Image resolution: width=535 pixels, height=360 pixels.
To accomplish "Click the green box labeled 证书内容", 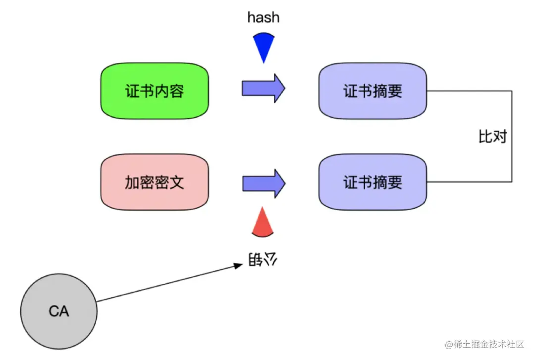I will tap(154, 91).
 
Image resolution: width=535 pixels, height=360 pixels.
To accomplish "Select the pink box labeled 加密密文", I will tap(154, 182).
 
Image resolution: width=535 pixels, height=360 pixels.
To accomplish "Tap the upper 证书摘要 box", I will tap(373, 91).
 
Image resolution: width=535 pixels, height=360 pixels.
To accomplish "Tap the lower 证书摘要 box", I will tap(373, 182).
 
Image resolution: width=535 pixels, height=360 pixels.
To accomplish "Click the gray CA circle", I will tap(59, 311).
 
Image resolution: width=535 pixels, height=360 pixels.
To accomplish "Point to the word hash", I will tap(263, 18).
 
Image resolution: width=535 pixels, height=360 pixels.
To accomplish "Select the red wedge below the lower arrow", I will tap(263, 223).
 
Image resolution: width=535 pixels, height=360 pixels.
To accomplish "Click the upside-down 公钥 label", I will tap(262, 259).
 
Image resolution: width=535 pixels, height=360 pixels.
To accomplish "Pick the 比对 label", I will tap(492, 137).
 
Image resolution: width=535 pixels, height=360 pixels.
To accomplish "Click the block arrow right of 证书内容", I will tap(263, 88).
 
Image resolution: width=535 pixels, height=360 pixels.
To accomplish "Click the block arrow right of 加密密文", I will tap(263, 183).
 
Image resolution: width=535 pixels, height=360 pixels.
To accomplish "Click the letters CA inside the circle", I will tap(59, 311).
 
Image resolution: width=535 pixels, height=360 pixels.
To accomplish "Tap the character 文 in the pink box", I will tap(176, 182).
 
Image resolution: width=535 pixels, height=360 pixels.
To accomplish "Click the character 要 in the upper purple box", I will tap(395, 92).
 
